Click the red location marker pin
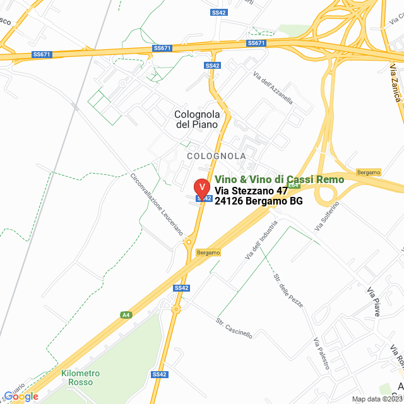201,188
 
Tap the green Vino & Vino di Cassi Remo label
280,179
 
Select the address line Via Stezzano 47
251,191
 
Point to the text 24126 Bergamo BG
259,201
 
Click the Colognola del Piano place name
197,119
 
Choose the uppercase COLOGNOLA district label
217,155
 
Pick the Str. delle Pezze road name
288,291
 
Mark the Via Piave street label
375,299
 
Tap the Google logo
21,396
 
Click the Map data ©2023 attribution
377,399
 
